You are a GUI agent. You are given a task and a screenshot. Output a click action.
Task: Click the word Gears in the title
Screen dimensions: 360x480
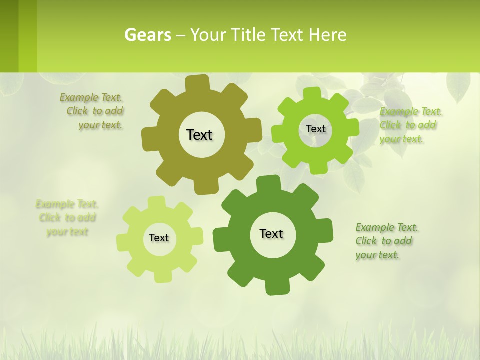pos(148,35)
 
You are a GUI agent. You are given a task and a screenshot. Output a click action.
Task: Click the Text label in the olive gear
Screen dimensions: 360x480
pos(199,135)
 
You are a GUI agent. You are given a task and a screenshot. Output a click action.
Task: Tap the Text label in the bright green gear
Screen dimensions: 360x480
pos(315,129)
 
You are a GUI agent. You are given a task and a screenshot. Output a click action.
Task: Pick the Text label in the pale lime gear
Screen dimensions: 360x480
pos(159,238)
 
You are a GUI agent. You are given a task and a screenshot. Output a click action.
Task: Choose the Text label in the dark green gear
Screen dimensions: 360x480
pos(271,233)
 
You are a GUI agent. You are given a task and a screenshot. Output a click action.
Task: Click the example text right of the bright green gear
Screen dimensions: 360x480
pos(410,125)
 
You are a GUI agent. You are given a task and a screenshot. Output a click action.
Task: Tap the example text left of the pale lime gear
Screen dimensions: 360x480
pos(67,218)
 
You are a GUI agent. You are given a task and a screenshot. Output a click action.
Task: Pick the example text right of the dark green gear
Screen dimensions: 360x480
pos(386,241)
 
